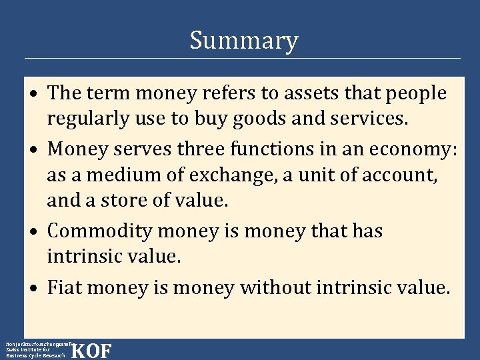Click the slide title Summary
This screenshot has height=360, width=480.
coord(243,41)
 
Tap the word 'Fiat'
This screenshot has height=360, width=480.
coord(65,287)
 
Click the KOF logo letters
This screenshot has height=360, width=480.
coord(91,351)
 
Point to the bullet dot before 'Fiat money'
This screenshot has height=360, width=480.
coord(35,289)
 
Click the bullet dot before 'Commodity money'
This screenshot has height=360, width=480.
coord(35,231)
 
